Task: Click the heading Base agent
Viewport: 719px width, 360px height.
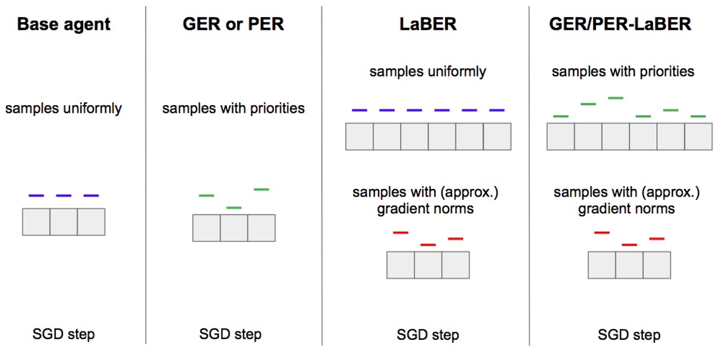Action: [64, 25]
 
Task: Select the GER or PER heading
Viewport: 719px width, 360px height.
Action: [233, 25]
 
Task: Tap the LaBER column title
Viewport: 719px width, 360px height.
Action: [427, 25]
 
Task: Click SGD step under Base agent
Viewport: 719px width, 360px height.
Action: [64, 334]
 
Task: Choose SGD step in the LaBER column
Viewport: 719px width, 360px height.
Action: [427, 335]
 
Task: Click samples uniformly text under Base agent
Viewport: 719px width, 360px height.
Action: [64, 109]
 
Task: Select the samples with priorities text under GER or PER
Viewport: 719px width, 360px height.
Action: [233, 109]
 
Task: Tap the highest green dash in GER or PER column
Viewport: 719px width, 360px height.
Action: [261, 190]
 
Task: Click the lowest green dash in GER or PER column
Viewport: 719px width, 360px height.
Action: [234, 207]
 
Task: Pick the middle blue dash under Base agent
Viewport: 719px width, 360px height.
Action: [64, 195]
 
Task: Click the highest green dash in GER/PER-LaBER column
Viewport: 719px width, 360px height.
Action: [616, 97]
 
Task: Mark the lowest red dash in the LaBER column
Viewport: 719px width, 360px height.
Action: [428, 244]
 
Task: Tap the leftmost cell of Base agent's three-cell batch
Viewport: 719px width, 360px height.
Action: [36, 222]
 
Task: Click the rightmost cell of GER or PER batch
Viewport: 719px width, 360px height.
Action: [261, 228]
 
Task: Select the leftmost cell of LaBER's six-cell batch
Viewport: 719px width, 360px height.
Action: [359, 137]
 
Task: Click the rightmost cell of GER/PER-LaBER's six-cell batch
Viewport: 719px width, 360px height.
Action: [698, 137]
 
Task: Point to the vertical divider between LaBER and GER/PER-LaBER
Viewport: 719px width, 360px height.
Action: [529, 178]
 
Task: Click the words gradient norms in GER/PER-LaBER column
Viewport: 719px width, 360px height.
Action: [626, 209]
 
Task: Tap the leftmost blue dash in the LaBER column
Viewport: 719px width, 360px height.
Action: [359, 110]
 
